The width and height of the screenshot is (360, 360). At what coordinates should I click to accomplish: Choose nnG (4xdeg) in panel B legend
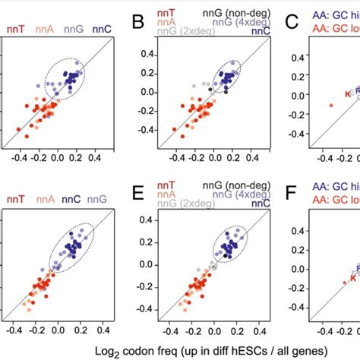pyautogui.click(x=233, y=23)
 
